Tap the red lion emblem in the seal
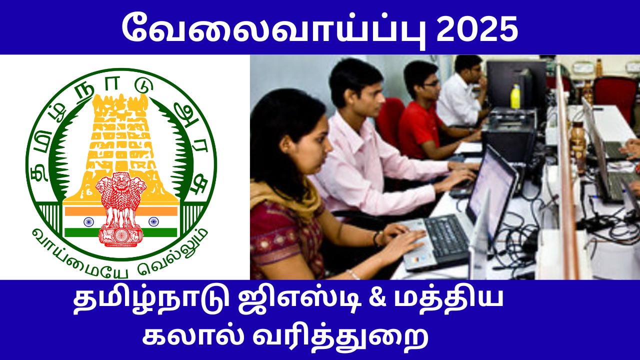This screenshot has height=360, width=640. coord(121,207)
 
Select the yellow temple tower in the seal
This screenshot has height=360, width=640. coord(121,135)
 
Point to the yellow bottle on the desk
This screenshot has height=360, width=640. coord(515,96)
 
